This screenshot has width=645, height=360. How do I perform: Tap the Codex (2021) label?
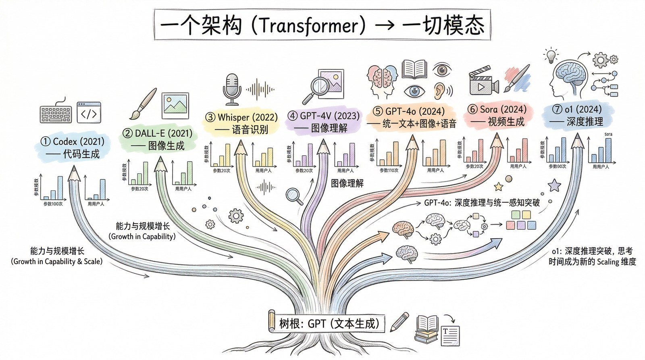click(x=78, y=142)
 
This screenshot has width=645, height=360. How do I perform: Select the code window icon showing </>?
click(x=89, y=112)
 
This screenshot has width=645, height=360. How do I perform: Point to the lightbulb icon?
click(x=551, y=56)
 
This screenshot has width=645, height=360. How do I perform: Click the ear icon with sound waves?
click(x=442, y=91)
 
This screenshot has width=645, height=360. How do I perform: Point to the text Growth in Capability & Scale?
click(x=57, y=261)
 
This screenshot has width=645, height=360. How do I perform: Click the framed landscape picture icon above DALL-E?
click(x=175, y=106)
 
